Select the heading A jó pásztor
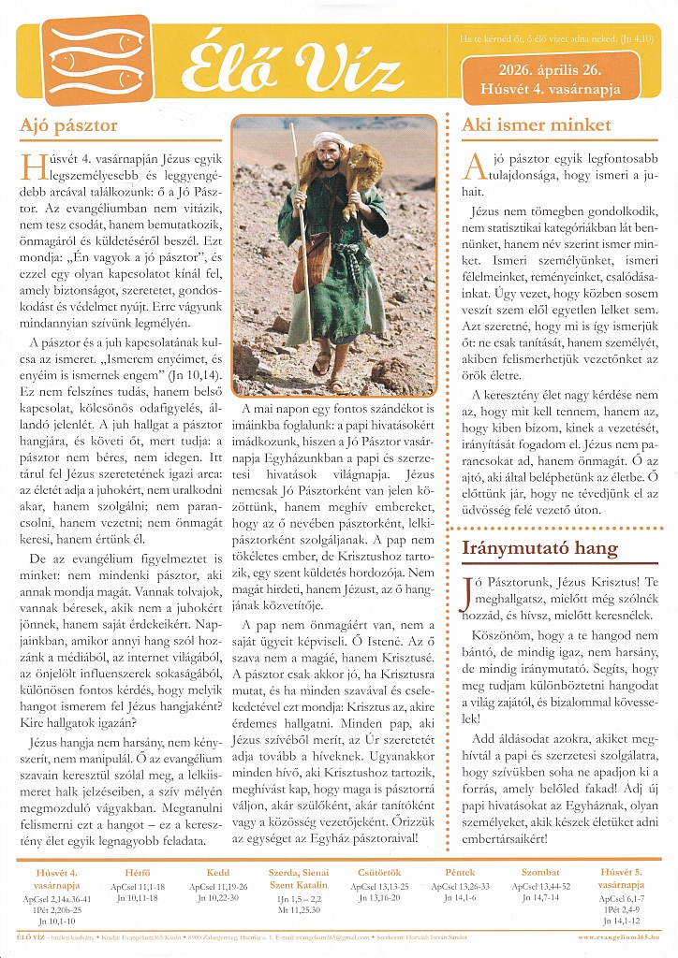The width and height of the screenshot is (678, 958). click(x=68, y=123)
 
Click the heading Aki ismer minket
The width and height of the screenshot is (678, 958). click(x=537, y=124)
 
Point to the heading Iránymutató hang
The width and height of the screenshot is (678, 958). click(x=539, y=546)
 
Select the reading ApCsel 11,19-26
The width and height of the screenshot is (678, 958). click(x=218, y=885)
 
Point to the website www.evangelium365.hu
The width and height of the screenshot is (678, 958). click(x=625, y=936)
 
